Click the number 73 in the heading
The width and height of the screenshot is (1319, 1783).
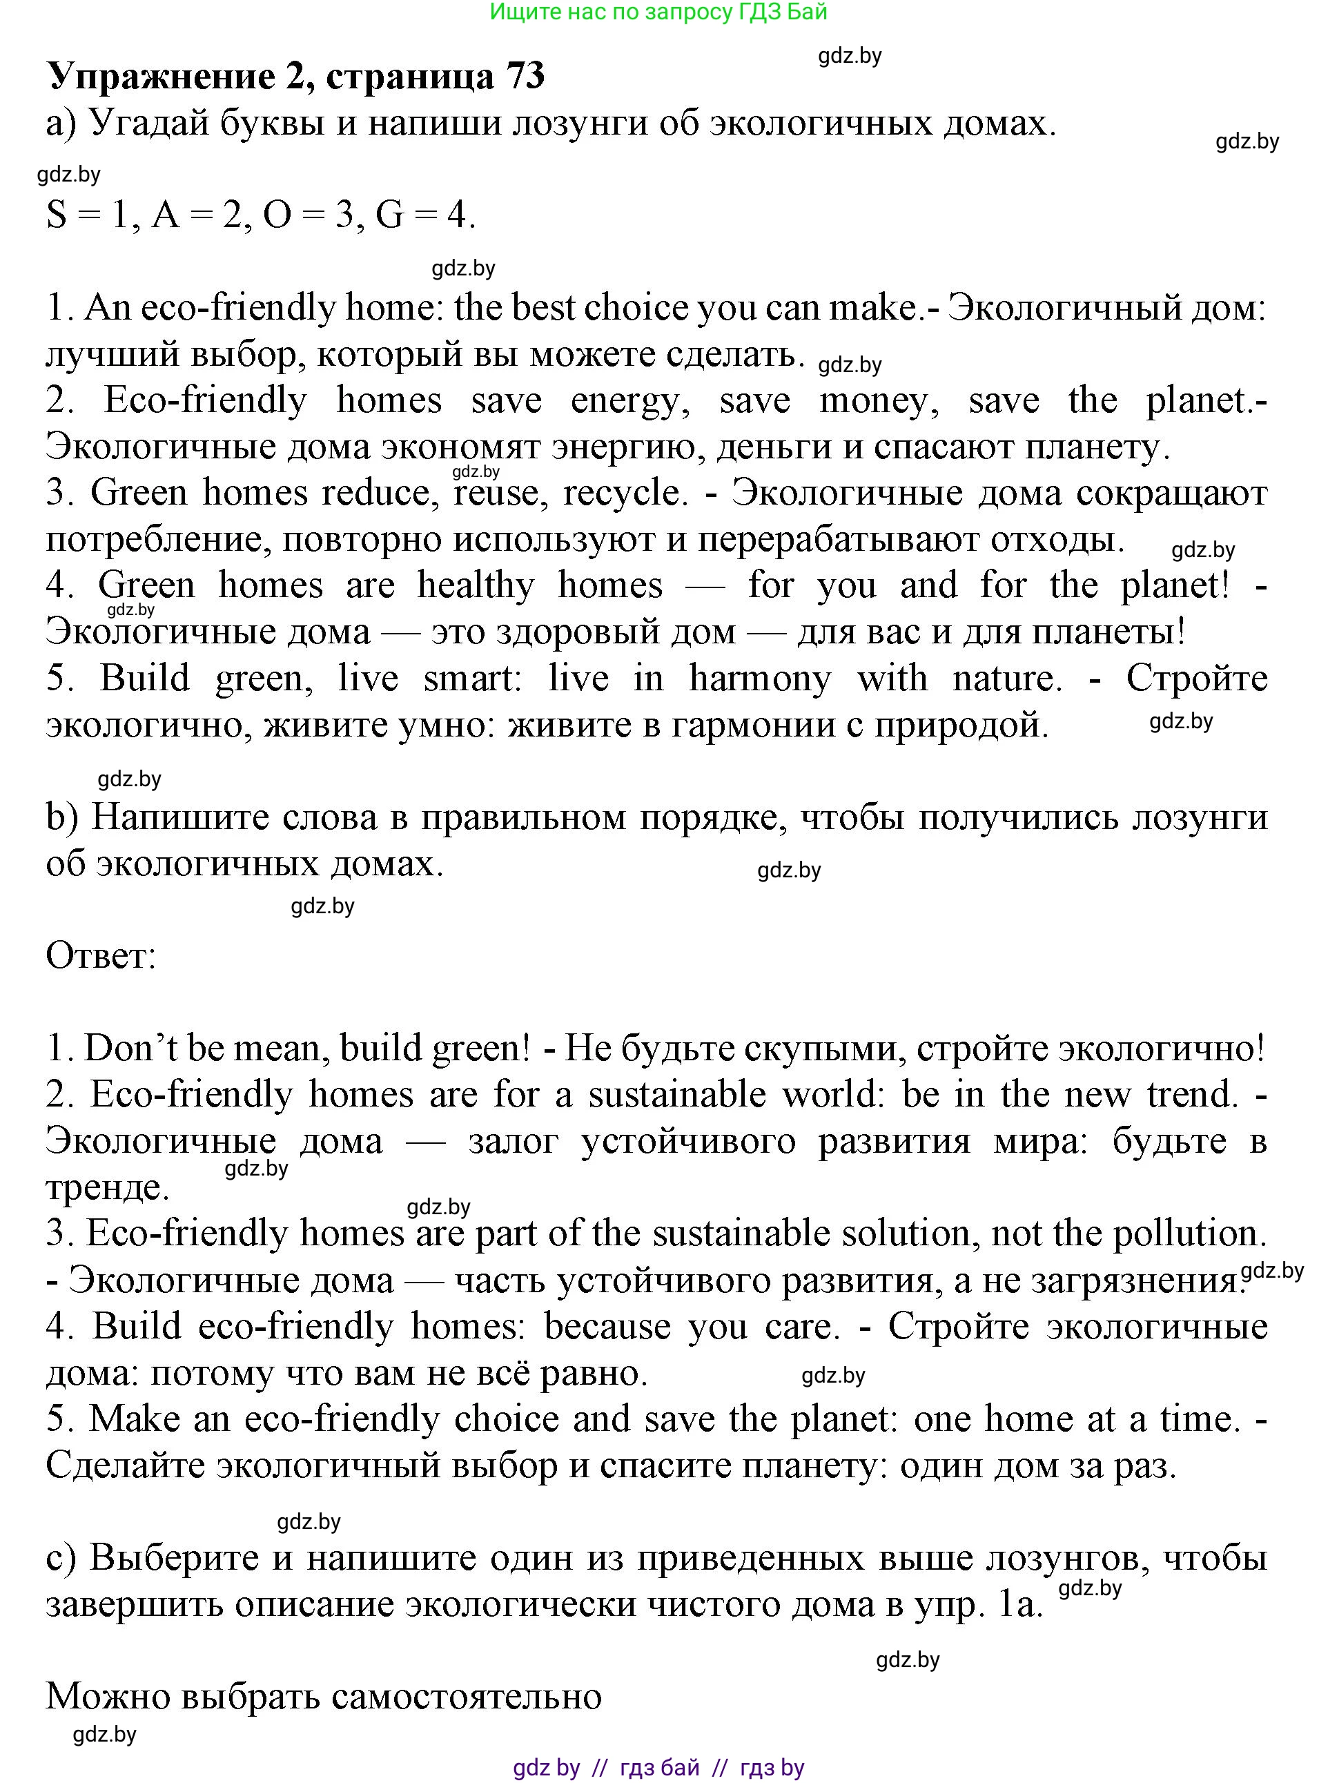(x=525, y=77)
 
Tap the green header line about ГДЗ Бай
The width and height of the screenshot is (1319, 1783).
(x=658, y=12)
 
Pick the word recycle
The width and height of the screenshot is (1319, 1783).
(x=625, y=494)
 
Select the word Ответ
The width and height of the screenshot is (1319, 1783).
(x=101, y=956)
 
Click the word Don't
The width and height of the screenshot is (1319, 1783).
(x=131, y=1049)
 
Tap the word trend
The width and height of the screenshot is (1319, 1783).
(x=1193, y=1095)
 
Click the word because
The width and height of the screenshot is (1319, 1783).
(x=607, y=1326)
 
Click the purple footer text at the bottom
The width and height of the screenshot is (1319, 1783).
(x=658, y=1767)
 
